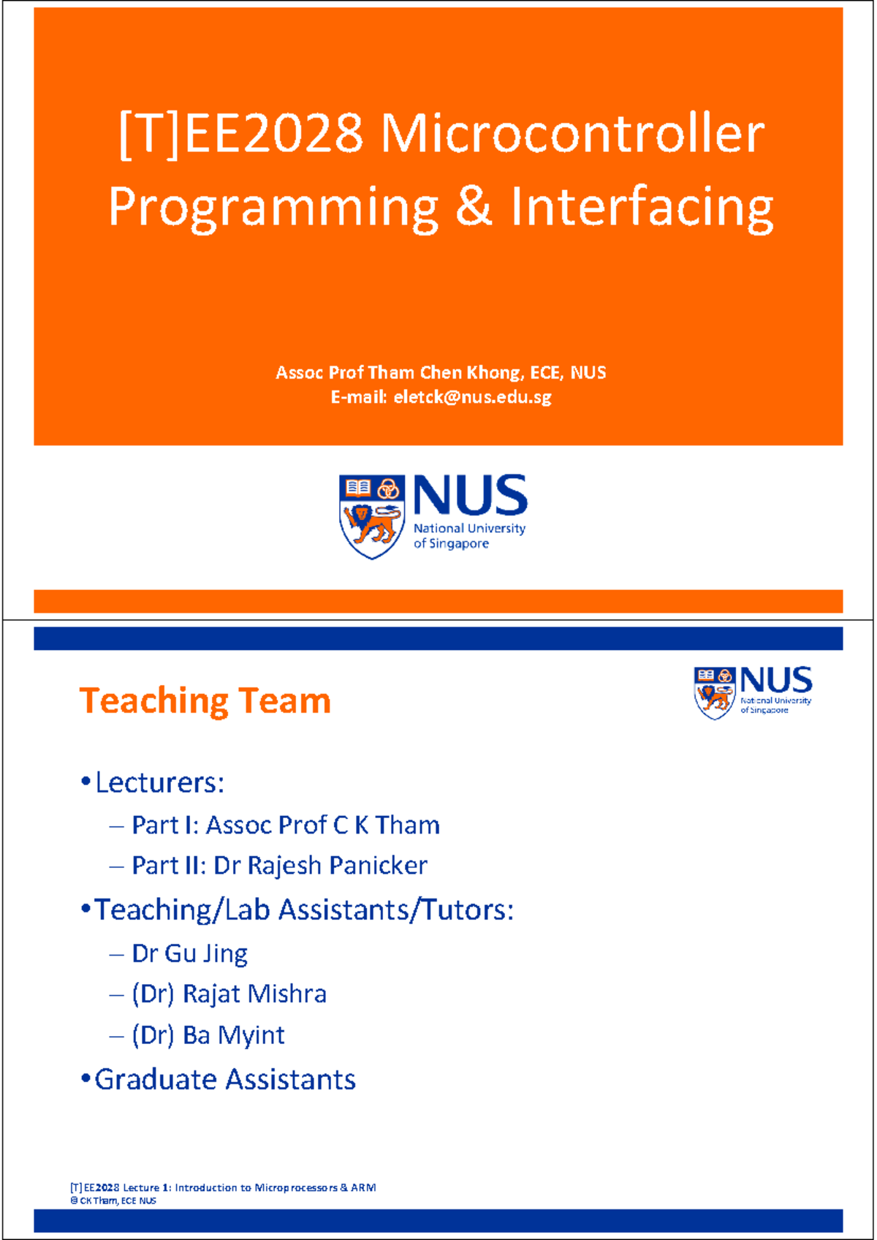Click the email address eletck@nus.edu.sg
[472, 397]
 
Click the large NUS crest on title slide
[372, 515]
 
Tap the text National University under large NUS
[469, 529]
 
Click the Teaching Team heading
[205, 700]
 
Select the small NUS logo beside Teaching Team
[753, 691]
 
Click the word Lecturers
[159, 783]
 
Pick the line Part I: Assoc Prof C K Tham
[285, 825]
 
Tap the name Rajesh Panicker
[337, 866]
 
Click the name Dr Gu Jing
[189, 953]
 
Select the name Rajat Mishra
[254, 994]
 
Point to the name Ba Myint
[233, 1035]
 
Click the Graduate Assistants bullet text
[224, 1080]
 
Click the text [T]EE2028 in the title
[240, 134]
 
